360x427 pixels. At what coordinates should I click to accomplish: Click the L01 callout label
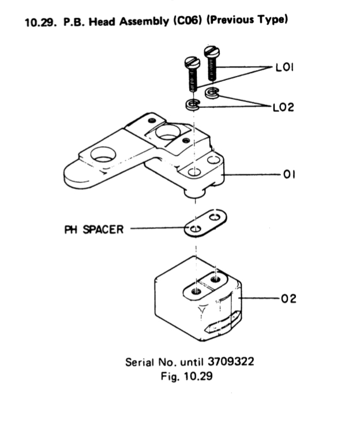[284, 68]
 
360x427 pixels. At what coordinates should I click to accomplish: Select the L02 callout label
[284, 107]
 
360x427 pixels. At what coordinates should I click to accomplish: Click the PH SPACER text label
[93, 230]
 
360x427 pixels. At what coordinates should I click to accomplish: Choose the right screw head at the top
[212, 53]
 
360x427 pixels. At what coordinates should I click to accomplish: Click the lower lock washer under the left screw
[192, 105]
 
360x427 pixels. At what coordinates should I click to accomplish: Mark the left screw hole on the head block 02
[197, 291]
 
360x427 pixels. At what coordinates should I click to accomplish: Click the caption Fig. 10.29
[190, 375]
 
